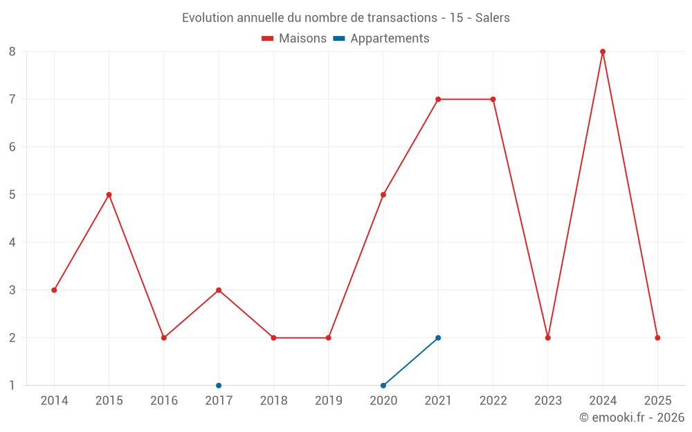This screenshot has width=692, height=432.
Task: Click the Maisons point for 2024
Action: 603,51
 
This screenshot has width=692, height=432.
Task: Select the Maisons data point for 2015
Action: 109,194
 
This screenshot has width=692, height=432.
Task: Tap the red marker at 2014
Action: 54,290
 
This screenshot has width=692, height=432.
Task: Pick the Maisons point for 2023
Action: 548,337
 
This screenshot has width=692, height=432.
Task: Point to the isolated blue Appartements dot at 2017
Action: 219,385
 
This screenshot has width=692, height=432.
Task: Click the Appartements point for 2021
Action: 438,337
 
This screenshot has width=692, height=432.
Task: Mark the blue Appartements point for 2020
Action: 383,385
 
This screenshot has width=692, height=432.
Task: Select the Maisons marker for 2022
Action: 493,99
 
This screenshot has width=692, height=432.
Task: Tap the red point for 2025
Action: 657,337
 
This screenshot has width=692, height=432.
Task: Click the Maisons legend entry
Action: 294,39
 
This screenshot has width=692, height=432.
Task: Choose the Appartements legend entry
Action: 381,39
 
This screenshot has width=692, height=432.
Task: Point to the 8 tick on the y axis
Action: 12,51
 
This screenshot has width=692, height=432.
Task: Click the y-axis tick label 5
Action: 12,194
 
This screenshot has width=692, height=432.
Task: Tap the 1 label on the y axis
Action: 12,385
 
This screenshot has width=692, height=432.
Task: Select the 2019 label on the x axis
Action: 328,400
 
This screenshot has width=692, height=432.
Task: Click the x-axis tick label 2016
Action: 164,400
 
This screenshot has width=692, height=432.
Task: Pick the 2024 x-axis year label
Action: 603,400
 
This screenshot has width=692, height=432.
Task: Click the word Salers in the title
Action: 492,18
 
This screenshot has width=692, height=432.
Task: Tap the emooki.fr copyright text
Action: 632,417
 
